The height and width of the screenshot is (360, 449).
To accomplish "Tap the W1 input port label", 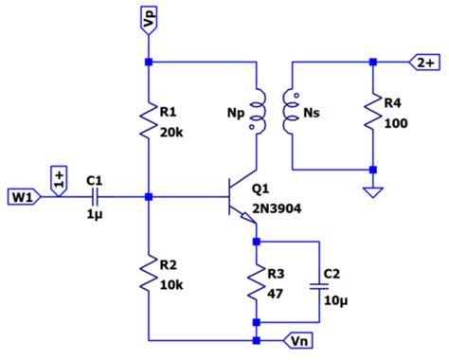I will pos(24,198).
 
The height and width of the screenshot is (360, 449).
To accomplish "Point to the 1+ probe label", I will pos(58,180).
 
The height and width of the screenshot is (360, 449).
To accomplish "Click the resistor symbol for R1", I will pos(149,119).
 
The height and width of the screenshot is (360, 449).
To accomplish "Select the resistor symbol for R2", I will pos(149,275).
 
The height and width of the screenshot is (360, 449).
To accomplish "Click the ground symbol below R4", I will pos(373,191).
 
